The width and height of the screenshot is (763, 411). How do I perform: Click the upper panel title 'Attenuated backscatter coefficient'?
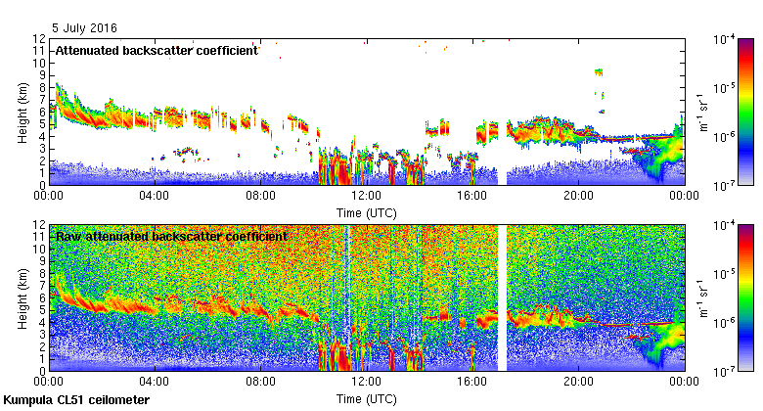(x=157, y=50)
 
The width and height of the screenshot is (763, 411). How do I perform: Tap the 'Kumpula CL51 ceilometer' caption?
(x=76, y=400)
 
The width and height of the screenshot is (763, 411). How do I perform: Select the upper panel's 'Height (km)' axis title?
(x=22, y=111)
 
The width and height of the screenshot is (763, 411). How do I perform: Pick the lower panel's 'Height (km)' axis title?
(x=22, y=297)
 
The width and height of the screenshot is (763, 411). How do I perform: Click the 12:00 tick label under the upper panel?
(x=366, y=196)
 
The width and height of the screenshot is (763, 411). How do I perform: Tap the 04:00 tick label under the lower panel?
(x=155, y=383)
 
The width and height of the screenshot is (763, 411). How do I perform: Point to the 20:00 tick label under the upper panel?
(x=578, y=196)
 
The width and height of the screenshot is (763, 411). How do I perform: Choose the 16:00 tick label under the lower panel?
(x=472, y=383)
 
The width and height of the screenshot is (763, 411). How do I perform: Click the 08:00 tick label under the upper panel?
(x=260, y=196)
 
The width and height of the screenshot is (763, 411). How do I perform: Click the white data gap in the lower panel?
(x=503, y=298)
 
